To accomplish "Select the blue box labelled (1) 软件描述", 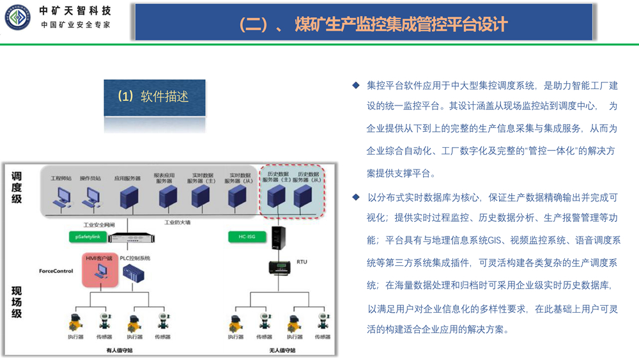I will (155, 97).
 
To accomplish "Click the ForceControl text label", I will (56, 271).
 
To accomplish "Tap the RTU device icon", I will (280, 265).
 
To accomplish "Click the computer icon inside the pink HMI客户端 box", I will (98, 271).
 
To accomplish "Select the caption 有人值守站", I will (119, 350).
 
